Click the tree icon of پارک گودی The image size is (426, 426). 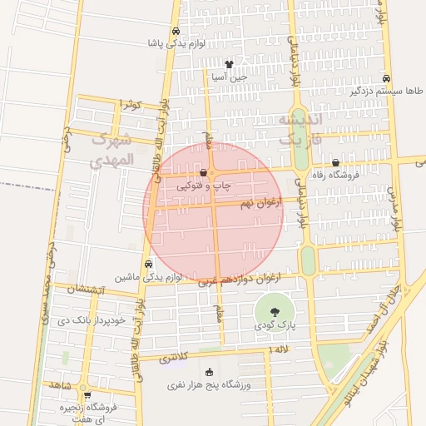click(x=275, y=311)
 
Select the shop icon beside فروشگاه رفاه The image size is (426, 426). click(x=335, y=163)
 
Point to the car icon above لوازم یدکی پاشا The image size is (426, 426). click(x=175, y=32)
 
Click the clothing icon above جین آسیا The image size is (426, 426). click(x=229, y=64)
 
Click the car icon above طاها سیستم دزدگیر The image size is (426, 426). click(x=387, y=78)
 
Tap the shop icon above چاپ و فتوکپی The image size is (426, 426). click(x=204, y=173)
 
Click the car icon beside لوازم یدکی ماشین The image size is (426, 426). click(x=148, y=264)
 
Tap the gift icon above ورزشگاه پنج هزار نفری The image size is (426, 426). click(x=208, y=372)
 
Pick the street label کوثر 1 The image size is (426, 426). click(x=131, y=104)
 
